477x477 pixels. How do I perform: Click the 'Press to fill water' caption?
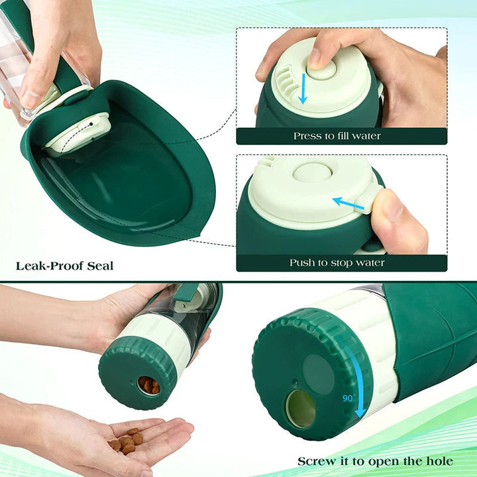pos(337,136)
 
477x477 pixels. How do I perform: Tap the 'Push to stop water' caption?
pos(337,263)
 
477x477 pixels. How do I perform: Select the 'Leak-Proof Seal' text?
pos(65,266)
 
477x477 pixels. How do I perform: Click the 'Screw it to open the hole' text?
pos(375,461)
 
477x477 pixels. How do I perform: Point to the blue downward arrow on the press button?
pos(302,88)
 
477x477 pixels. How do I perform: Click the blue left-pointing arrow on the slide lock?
pos(348,203)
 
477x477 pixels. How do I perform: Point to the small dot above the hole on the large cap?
pos(294,382)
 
